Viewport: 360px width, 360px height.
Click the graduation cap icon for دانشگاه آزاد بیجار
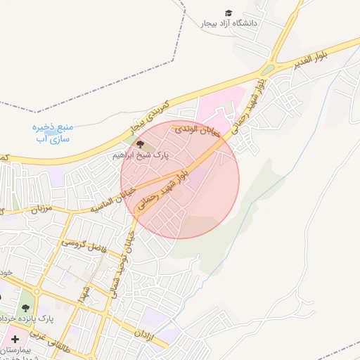click(228, 13)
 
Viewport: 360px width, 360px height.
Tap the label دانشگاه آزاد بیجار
click(230, 24)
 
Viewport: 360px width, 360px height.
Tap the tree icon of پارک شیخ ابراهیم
click(139, 145)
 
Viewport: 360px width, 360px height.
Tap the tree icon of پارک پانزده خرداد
click(26, 308)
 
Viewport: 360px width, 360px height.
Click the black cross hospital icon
click(14, 339)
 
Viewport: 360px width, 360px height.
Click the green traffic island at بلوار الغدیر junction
click(267, 70)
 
